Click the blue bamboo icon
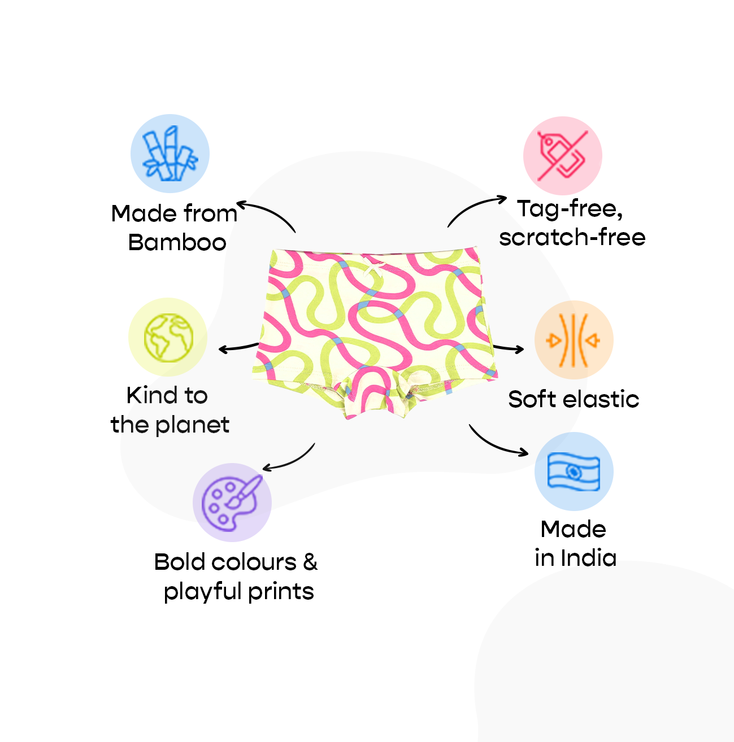[170, 154]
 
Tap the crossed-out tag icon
[562, 156]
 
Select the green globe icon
[168, 338]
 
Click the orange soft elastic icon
[574, 340]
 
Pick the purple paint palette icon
[232, 502]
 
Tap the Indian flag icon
[574, 472]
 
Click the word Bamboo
[177, 243]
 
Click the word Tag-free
[570, 209]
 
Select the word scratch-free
[572, 237]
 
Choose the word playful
[202, 592]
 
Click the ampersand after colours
[310, 562]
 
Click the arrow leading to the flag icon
[497, 443]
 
